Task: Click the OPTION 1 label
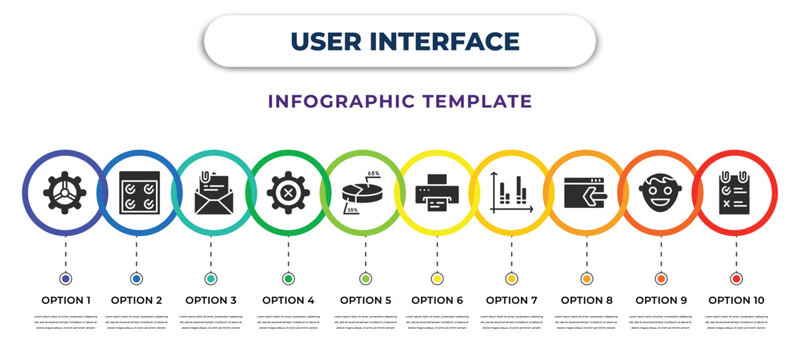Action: coord(66,299)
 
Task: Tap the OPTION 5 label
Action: coord(364,299)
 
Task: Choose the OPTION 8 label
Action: coord(585,299)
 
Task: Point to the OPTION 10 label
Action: coord(737,299)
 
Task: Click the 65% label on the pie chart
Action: coord(373,174)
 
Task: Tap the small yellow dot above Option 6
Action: coord(437,278)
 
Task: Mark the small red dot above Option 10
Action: coord(737,278)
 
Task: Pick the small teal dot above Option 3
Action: coord(211,278)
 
